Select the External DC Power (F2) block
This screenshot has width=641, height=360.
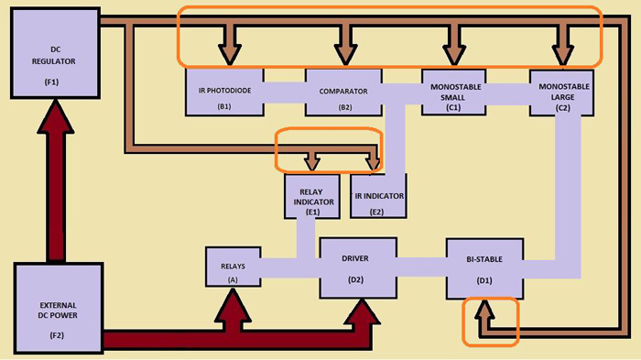[x=54, y=308]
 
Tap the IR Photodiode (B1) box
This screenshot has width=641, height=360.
[x=224, y=92]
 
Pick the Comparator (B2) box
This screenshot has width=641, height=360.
[x=342, y=92]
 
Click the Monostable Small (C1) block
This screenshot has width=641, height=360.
[x=452, y=91]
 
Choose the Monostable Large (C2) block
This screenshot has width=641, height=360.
[x=561, y=91]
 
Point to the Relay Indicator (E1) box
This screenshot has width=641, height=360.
[x=312, y=197]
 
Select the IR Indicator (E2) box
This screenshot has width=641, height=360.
[x=377, y=197]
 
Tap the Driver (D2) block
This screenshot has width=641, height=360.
[x=358, y=267]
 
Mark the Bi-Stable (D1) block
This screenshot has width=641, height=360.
[x=484, y=267]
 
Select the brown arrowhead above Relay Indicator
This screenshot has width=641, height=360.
[x=312, y=164]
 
